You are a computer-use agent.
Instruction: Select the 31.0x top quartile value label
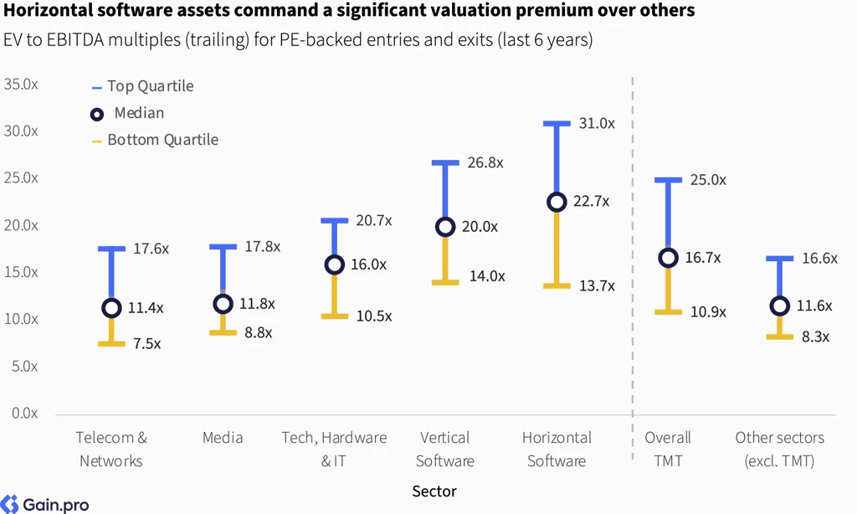pos(597,124)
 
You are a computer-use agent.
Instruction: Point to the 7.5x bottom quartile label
pos(147,343)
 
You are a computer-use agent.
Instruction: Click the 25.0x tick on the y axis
pos(21,178)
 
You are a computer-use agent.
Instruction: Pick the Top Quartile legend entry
pos(142,86)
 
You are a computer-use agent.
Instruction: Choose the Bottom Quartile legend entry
pos(155,140)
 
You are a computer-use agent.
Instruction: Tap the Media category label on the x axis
pos(223,438)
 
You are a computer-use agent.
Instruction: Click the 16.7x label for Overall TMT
pos(703,258)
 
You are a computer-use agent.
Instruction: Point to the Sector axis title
pos(434,491)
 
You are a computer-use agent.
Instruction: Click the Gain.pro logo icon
pos(9,504)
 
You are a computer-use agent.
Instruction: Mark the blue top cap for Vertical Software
pos(445,163)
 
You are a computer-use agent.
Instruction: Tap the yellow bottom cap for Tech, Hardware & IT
pos(335,316)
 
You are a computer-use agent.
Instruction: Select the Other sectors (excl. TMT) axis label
pos(779,449)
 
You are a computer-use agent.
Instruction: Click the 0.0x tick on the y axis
pos(24,414)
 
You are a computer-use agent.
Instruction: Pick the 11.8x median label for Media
pos(258,304)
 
